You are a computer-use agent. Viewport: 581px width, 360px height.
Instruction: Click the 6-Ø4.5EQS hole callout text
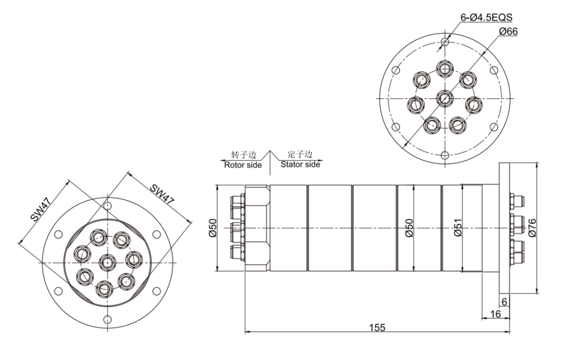coord(486,18)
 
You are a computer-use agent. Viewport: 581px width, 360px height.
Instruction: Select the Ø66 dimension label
coord(508,31)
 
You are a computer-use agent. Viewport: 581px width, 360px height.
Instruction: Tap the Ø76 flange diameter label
coord(532,228)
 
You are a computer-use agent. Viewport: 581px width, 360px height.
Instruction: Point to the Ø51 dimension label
coord(458,228)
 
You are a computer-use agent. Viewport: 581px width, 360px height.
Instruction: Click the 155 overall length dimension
coord(377,328)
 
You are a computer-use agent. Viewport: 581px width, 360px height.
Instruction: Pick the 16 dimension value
coord(495,314)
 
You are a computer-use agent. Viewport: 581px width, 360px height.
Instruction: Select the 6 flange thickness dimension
coord(504,302)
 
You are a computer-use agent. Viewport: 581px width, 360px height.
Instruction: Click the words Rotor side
coord(243,165)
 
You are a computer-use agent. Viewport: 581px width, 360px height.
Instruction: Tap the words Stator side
coord(300,164)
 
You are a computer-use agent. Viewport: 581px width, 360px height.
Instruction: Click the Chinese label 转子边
coord(243,155)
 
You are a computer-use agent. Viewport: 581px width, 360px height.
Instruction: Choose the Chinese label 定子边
coord(300,154)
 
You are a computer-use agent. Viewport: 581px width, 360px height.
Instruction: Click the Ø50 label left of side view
coord(212,228)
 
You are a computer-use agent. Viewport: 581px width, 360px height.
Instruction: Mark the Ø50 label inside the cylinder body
coord(409,228)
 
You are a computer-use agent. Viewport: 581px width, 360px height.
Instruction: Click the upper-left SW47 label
coord(40,210)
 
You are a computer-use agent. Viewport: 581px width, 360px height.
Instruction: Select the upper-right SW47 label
coord(162,194)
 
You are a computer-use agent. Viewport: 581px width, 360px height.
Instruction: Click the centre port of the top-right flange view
coord(445,98)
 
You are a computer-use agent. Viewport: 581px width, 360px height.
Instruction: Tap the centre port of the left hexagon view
coord(107,262)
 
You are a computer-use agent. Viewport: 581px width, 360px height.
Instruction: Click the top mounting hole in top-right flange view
coord(445,41)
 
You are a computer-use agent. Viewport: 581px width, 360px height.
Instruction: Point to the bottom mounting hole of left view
coord(107,319)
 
